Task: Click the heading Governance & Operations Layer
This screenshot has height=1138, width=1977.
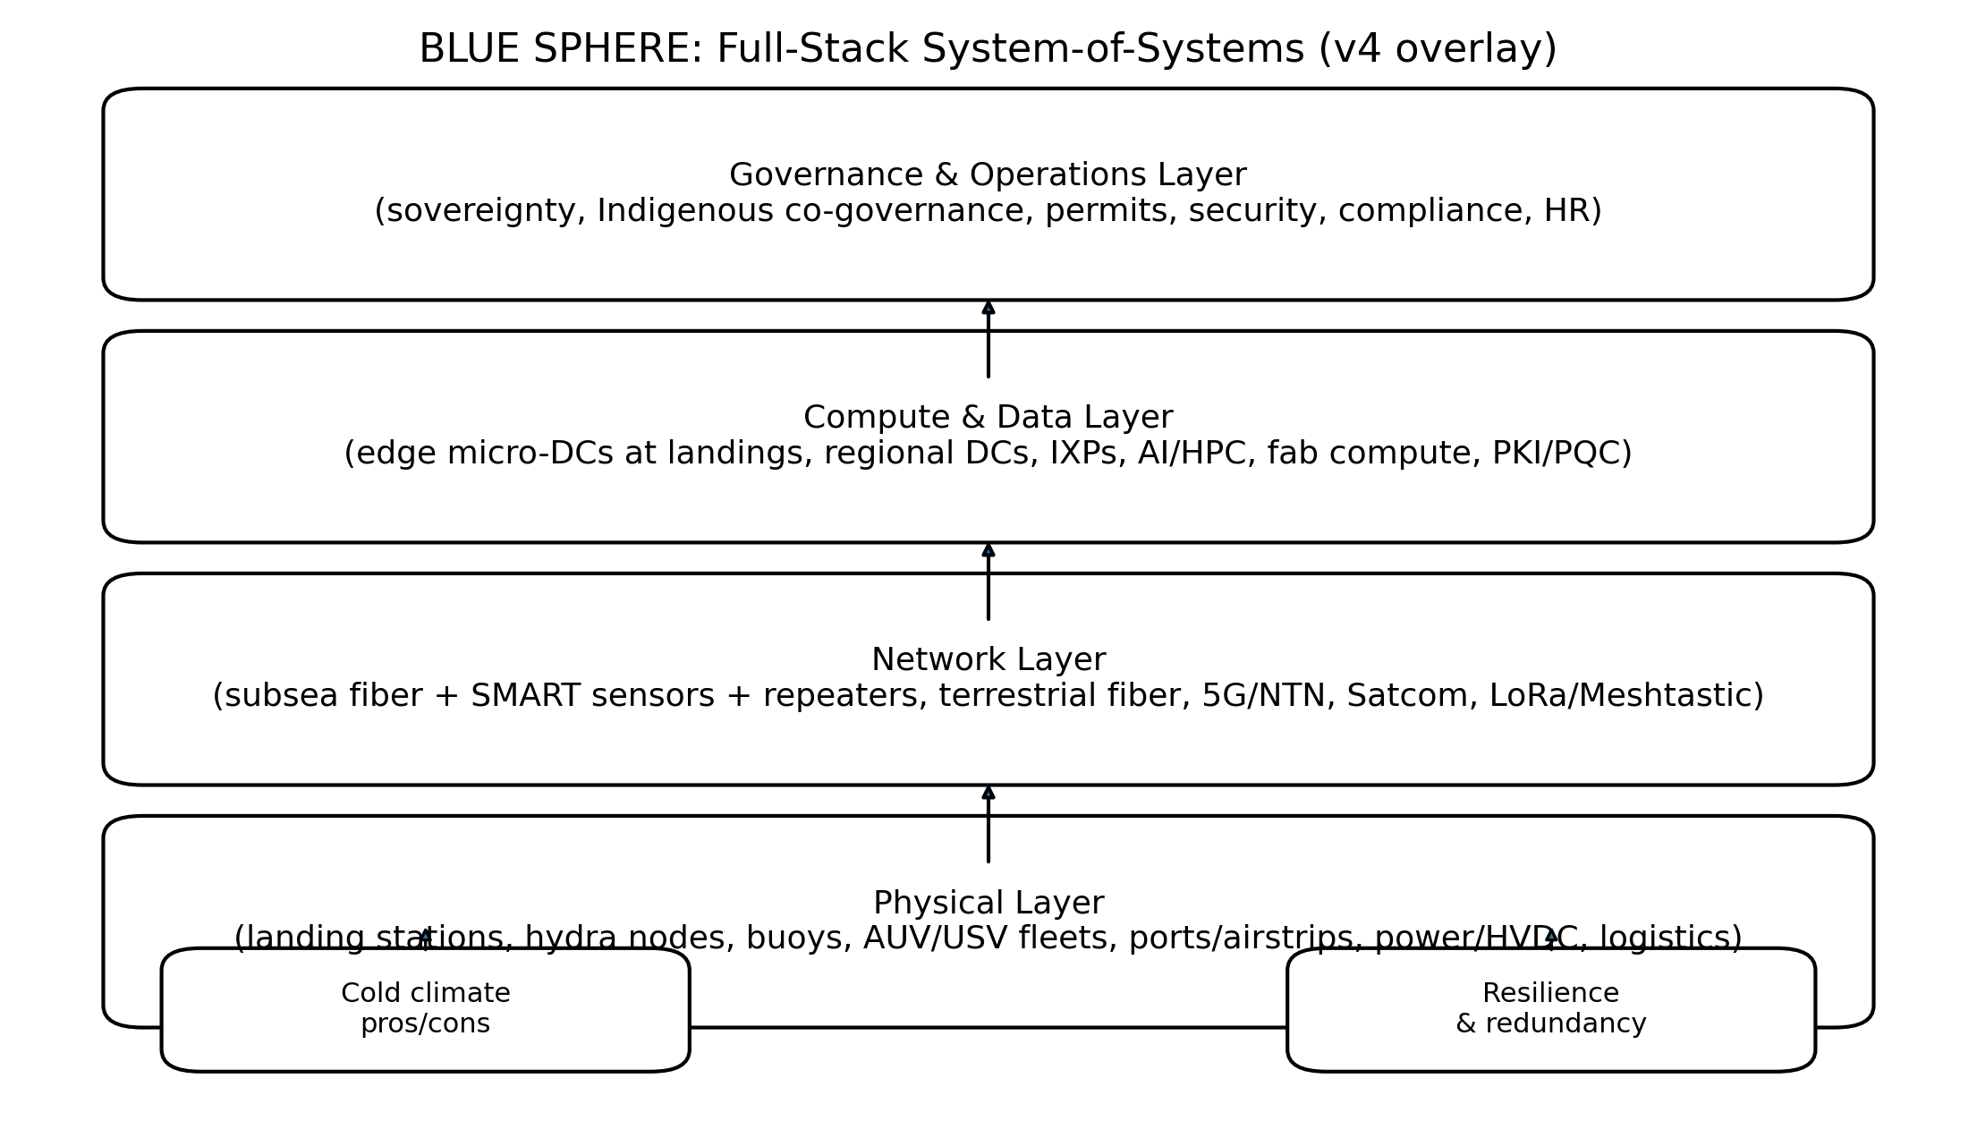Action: pos(988,175)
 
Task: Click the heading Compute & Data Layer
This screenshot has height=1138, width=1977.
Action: pos(988,418)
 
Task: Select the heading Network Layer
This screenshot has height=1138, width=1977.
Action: pos(988,660)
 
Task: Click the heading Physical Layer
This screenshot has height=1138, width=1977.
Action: pos(988,904)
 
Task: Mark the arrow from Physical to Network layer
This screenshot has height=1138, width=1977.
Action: pos(988,824)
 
